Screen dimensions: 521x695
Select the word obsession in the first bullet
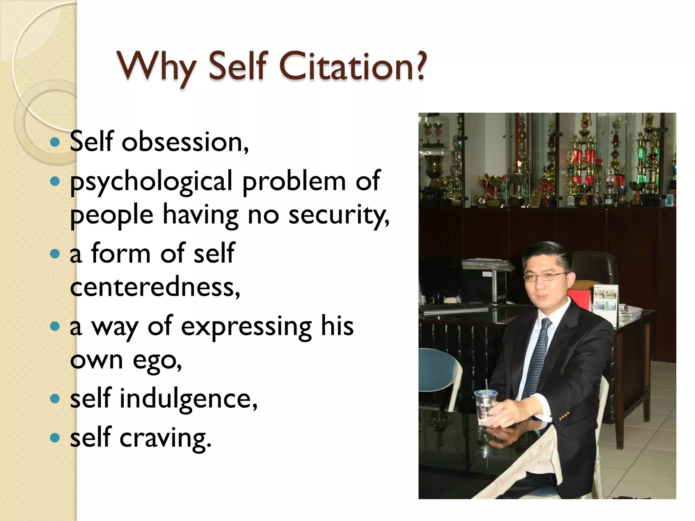pos(185,142)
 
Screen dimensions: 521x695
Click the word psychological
pos(151,182)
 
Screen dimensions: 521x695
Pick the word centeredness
pos(155,287)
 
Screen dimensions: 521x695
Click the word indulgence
pos(188,399)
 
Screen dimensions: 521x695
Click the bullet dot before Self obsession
pos(54,142)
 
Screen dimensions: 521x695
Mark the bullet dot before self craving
pos(54,438)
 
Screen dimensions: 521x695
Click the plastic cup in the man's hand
pos(486,407)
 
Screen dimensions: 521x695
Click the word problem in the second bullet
pos(294,182)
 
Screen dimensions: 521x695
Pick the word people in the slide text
pos(111,216)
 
